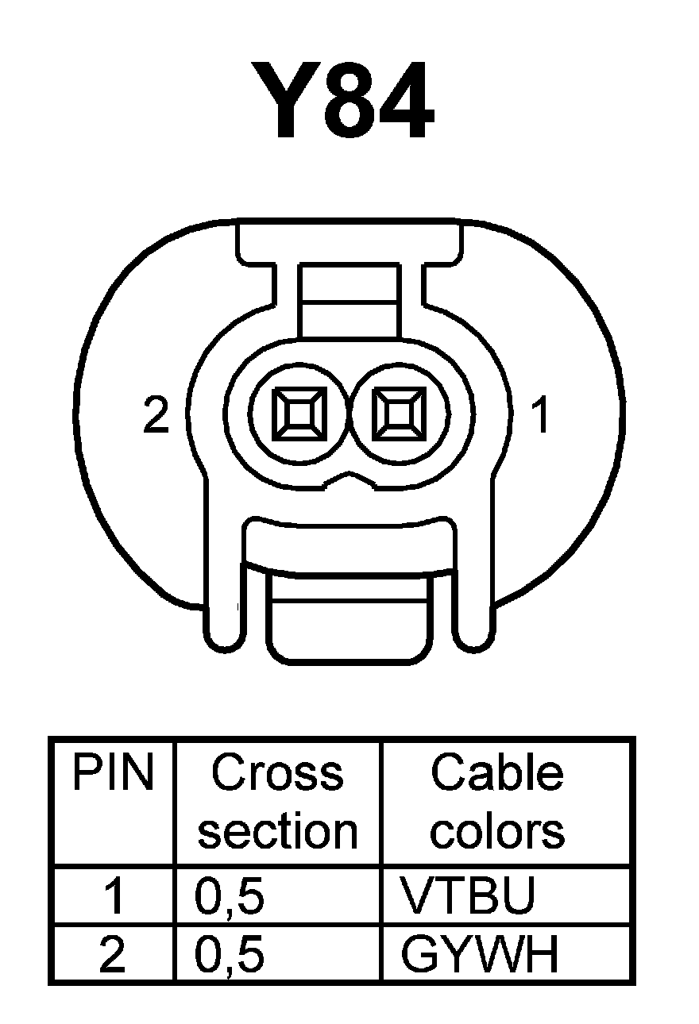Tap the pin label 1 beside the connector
point(541,416)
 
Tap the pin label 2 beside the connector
point(156,416)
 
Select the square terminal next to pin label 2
point(299,414)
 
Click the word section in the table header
point(277,831)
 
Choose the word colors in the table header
point(497,831)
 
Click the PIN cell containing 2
point(113,956)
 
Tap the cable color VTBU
point(469,895)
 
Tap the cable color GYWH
point(481,955)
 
